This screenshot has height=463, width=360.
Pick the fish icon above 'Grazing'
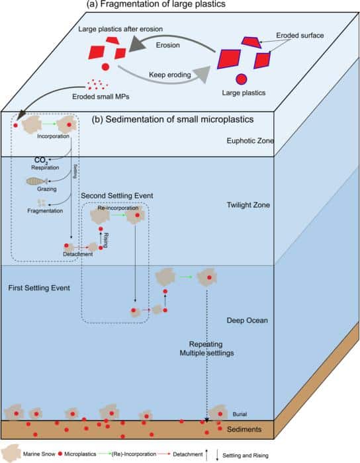point(38,181)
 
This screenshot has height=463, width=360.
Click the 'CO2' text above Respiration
point(40,160)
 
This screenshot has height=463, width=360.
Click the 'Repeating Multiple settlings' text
point(209,349)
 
